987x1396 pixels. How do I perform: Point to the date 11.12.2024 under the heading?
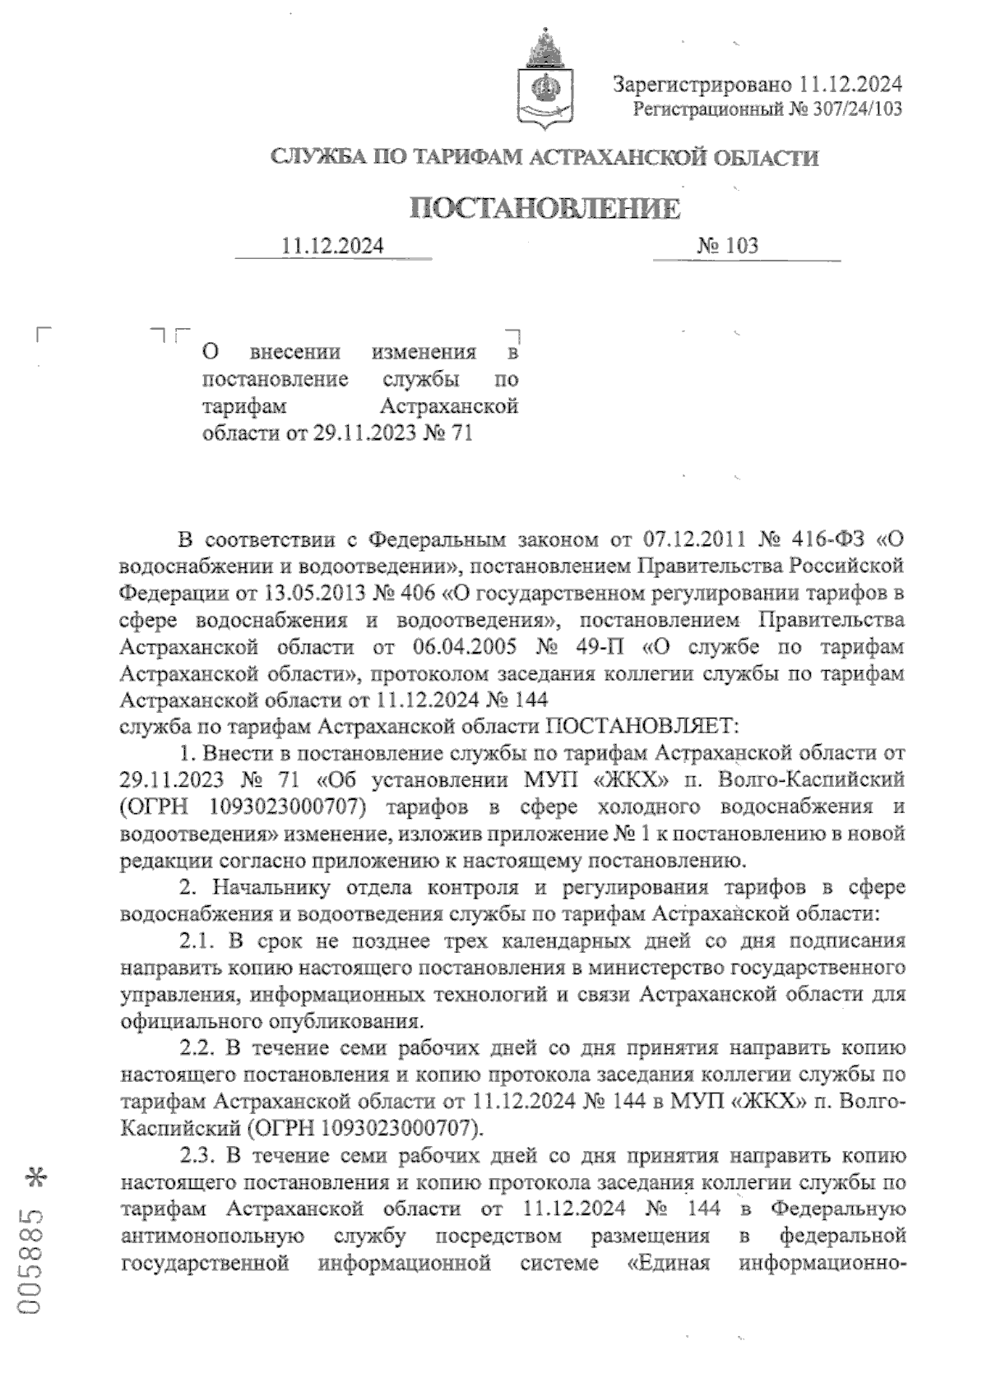[332, 245]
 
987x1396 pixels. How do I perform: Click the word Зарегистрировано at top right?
[701, 84]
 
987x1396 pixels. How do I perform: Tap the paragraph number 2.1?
[197, 941]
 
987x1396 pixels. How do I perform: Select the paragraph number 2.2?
[197, 1048]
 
